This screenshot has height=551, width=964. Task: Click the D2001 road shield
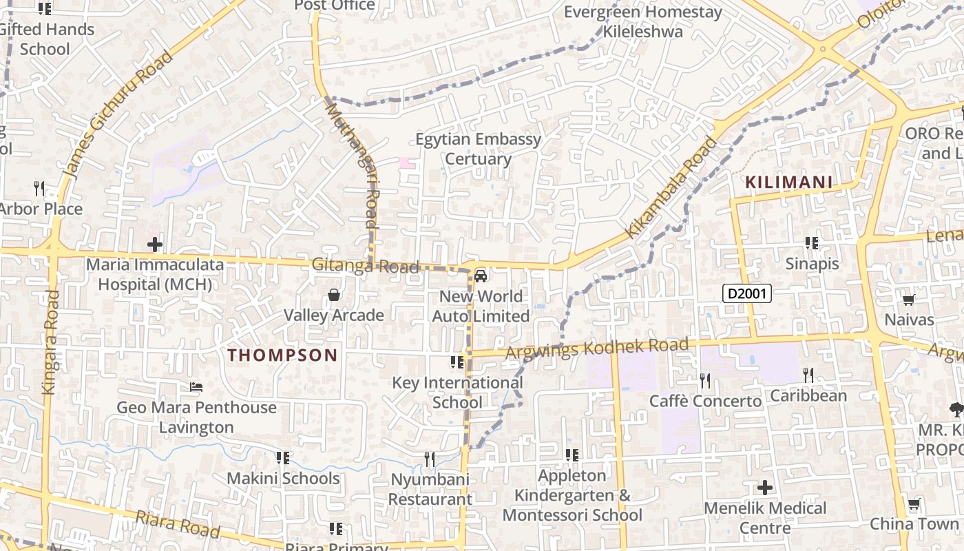point(747,294)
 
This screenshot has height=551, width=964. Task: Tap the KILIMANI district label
point(789,183)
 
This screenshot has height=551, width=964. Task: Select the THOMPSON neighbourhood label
point(282,355)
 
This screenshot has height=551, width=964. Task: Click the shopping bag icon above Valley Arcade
point(334,295)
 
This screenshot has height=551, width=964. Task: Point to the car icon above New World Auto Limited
point(481,277)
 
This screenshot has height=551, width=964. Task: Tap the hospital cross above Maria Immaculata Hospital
point(155,245)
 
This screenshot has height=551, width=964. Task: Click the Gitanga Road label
point(365,266)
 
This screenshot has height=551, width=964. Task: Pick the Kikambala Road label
point(671,187)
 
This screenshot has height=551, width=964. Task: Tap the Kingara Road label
point(50,342)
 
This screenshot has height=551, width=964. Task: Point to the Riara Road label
point(178,524)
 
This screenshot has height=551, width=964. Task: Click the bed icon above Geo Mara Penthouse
point(196,388)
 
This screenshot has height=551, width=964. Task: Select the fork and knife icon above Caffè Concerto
point(705,380)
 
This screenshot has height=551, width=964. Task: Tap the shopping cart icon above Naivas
point(908,300)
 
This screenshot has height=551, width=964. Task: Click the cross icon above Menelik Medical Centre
point(765,488)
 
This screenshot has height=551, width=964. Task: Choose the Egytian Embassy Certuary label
point(478,149)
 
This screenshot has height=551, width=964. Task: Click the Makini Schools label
point(283,478)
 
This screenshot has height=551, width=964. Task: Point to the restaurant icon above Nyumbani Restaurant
point(429,459)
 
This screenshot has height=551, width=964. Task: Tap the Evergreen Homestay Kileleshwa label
point(643,21)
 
